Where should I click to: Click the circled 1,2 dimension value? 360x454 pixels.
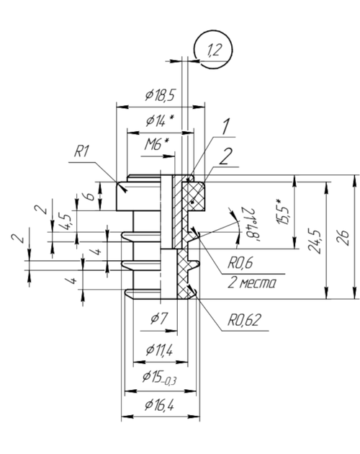215,50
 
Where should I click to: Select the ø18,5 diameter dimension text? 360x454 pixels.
161,95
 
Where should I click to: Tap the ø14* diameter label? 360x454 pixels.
160,120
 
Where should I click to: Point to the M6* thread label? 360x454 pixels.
156,144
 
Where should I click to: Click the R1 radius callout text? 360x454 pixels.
81,151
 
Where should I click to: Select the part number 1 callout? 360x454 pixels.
225,127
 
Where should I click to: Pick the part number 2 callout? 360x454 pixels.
225,156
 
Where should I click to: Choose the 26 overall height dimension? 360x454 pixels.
343,238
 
